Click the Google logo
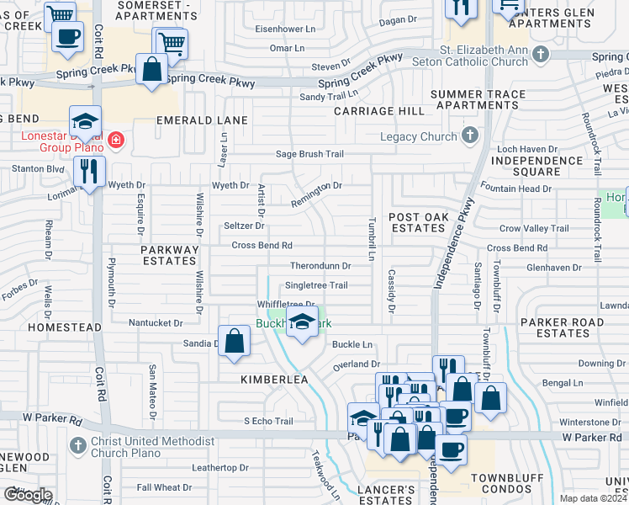click(27, 495)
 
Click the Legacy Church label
click(417, 136)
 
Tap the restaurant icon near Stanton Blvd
click(89, 172)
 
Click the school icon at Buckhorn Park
click(302, 321)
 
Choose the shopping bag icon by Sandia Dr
click(235, 342)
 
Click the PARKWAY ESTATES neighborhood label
click(170, 255)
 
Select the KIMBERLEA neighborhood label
click(274, 380)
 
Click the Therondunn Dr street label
click(320, 266)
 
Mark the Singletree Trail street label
click(316, 285)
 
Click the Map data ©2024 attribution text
click(594, 498)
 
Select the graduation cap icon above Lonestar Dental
click(85, 121)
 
